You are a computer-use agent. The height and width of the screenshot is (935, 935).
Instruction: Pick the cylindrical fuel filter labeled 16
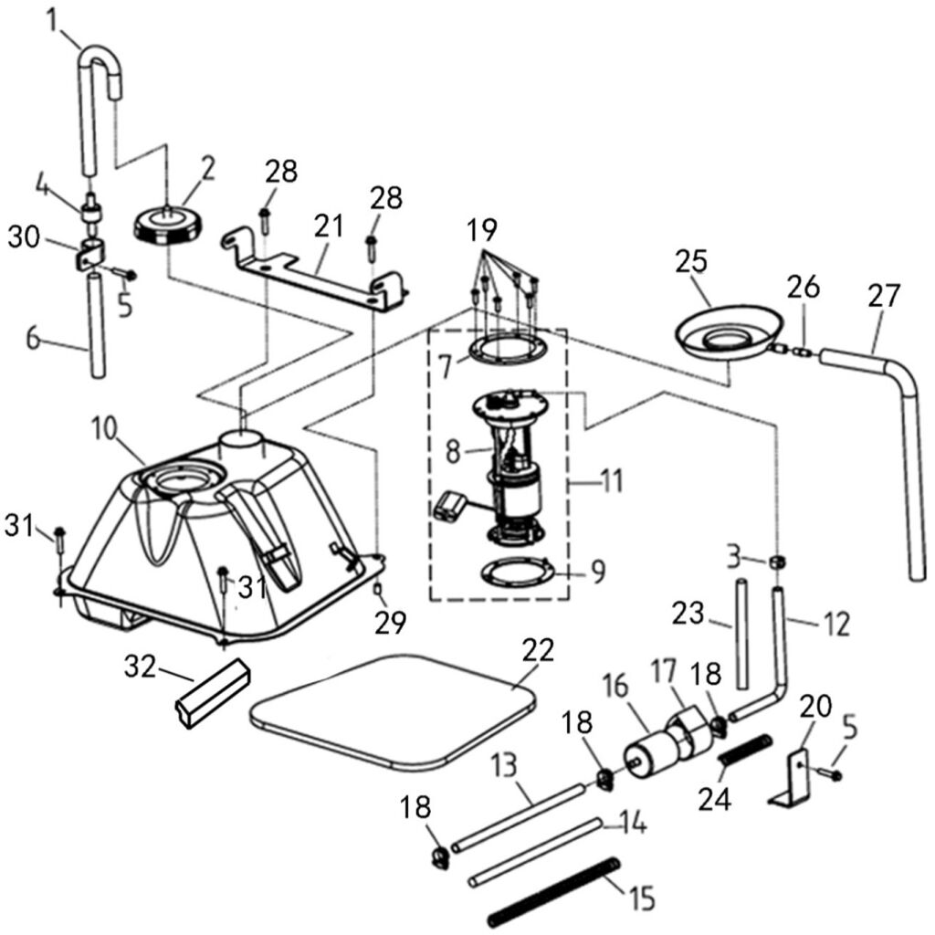(x=648, y=751)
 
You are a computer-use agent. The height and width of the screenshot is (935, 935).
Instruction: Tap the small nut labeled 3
(x=777, y=560)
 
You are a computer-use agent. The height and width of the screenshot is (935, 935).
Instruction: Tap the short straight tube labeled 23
(x=741, y=644)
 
